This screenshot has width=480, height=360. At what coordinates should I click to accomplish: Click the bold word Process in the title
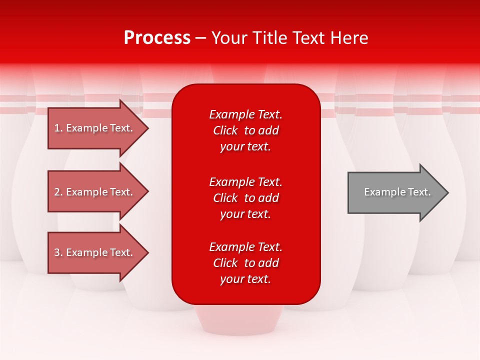pyautogui.click(x=157, y=38)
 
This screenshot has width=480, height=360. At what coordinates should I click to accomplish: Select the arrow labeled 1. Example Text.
pyautogui.click(x=95, y=128)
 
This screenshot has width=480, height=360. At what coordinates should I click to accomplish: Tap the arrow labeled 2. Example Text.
pyautogui.click(x=95, y=192)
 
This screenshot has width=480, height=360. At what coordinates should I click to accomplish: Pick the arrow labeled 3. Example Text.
pyautogui.click(x=95, y=252)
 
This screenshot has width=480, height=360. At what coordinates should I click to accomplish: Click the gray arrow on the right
pyautogui.click(x=395, y=192)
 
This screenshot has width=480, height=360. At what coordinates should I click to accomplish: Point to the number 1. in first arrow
pyautogui.click(x=58, y=128)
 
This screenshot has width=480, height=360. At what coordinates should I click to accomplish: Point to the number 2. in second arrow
pyautogui.click(x=58, y=192)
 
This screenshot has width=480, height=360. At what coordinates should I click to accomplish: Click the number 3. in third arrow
pyautogui.click(x=58, y=252)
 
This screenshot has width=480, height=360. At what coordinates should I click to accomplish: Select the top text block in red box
pyautogui.click(x=245, y=130)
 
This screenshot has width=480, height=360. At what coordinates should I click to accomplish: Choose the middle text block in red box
pyautogui.click(x=245, y=198)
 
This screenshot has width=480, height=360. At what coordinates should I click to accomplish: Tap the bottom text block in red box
pyautogui.click(x=245, y=263)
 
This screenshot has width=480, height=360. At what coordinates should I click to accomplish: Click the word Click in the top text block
pyautogui.click(x=225, y=130)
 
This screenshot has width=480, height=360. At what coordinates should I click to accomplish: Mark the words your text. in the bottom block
pyautogui.click(x=245, y=279)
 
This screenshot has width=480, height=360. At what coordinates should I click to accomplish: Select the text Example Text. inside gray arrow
pyautogui.click(x=397, y=192)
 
